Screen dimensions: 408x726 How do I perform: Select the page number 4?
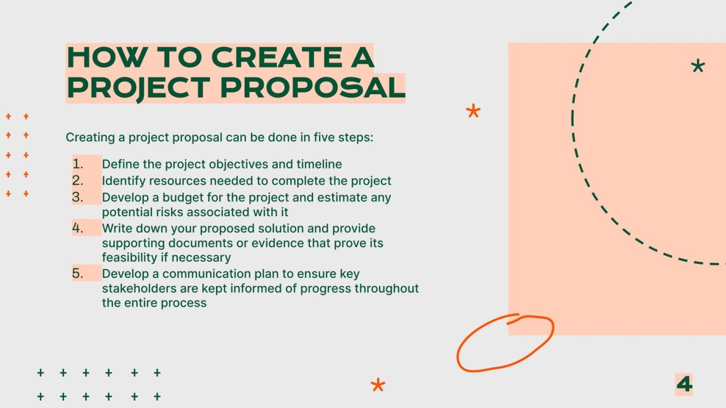pyautogui.click(x=684, y=384)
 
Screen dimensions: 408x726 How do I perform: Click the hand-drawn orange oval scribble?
pyautogui.click(x=505, y=342)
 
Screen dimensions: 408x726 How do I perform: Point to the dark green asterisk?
pyautogui.click(x=698, y=67)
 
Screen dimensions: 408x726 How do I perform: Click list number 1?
pyautogui.click(x=78, y=164)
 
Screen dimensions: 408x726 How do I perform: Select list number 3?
pyautogui.click(x=78, y=197)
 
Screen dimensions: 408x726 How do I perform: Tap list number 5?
pyautogui.click(x=78, y=274)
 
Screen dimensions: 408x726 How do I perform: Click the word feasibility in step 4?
pyautogui.click(x=128, y=257)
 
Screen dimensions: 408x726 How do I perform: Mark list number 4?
pyautogui.click(x=78, y=228)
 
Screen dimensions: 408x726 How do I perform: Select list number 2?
pyautogui.click(x=78, y=180)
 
